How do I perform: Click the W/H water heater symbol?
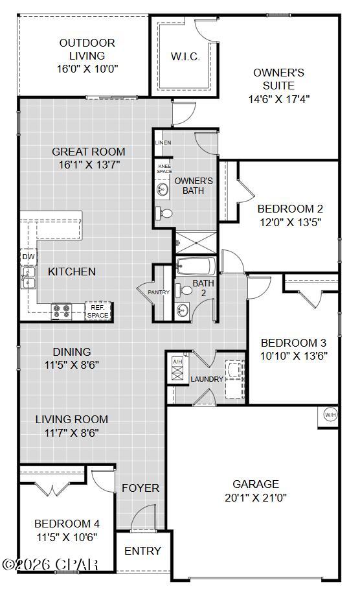tap(330, 415)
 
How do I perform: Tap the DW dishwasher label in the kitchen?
tap(28, 257)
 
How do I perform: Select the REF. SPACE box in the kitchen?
tap(98, 311)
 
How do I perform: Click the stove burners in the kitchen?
tap(62, 311)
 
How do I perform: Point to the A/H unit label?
tap(177, 362)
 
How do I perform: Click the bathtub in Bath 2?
tap(196, 266)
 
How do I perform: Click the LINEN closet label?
tap(163, 142)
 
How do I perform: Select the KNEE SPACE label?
tap(164, 168)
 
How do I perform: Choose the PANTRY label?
tap(159, 292)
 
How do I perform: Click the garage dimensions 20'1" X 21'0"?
tap(256, 498)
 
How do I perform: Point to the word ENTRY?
tap(142, 551)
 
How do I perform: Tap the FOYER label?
tap(141, 488)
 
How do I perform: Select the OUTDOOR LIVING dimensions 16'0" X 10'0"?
tap(87, 67)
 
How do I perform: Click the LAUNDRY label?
tap(207, 379)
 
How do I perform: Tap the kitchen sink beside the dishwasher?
tap(28, 279)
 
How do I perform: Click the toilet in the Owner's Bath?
tap(166, 213)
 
